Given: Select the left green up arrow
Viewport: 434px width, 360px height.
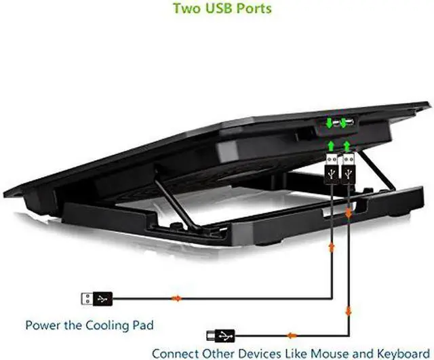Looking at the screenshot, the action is click(x=331, y=146).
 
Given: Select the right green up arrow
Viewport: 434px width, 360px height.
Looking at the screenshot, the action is click(x=347, y=146).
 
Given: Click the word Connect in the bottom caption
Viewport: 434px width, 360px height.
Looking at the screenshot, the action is click(x=176, y=353).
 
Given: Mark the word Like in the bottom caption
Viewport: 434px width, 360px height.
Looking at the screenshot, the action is click(x=287, y=353).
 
